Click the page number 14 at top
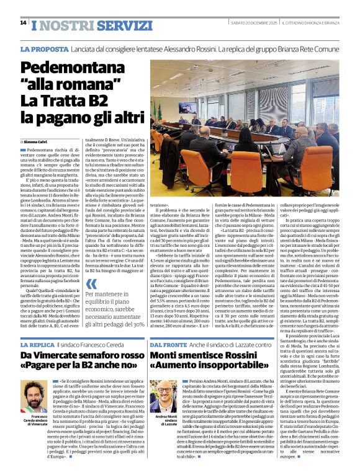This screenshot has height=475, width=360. click(23, 22)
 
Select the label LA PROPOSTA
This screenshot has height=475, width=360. click(45, 49)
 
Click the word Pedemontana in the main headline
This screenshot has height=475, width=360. click(80, 68)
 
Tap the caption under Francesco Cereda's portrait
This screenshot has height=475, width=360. click(39, 422)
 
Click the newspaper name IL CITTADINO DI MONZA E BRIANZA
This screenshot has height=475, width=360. click(308, 23)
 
